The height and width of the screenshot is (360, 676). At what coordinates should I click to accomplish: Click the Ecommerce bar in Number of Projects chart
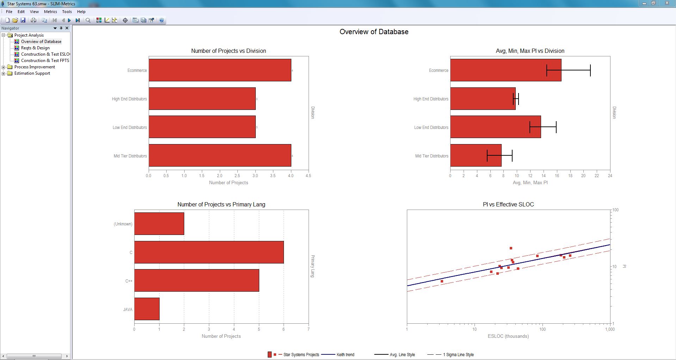[220, 70]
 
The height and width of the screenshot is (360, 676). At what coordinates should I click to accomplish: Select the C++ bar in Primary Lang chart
[197, 280]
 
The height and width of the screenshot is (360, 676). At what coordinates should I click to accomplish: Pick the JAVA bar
[147, 309]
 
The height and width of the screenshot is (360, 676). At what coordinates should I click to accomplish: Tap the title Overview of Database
[374, 32]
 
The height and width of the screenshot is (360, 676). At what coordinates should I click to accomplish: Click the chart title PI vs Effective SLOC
[508, 204]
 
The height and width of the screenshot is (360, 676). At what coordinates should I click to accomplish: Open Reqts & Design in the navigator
[35, 48]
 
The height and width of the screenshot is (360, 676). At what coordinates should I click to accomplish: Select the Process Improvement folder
[35, 67]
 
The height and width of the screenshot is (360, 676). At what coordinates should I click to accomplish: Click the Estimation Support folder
[32, 73]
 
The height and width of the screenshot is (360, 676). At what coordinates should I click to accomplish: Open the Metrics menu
[50, 12]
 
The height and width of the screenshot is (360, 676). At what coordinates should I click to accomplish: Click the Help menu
[81, 12]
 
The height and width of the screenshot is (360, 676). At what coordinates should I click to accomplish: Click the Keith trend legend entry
[345, 355]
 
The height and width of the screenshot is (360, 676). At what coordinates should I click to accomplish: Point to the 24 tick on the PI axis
[610, 176]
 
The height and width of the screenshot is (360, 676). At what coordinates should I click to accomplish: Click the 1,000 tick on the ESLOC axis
[609, 329]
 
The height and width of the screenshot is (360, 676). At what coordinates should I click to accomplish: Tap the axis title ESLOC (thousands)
[508, 336]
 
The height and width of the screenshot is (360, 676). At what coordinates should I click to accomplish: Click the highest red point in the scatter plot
[511, 248]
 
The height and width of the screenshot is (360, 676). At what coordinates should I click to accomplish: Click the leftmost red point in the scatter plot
[442, 281]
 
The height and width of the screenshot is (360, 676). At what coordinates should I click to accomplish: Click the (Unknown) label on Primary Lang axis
[123, 224]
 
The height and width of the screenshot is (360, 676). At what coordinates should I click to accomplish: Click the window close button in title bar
[667, 3]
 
